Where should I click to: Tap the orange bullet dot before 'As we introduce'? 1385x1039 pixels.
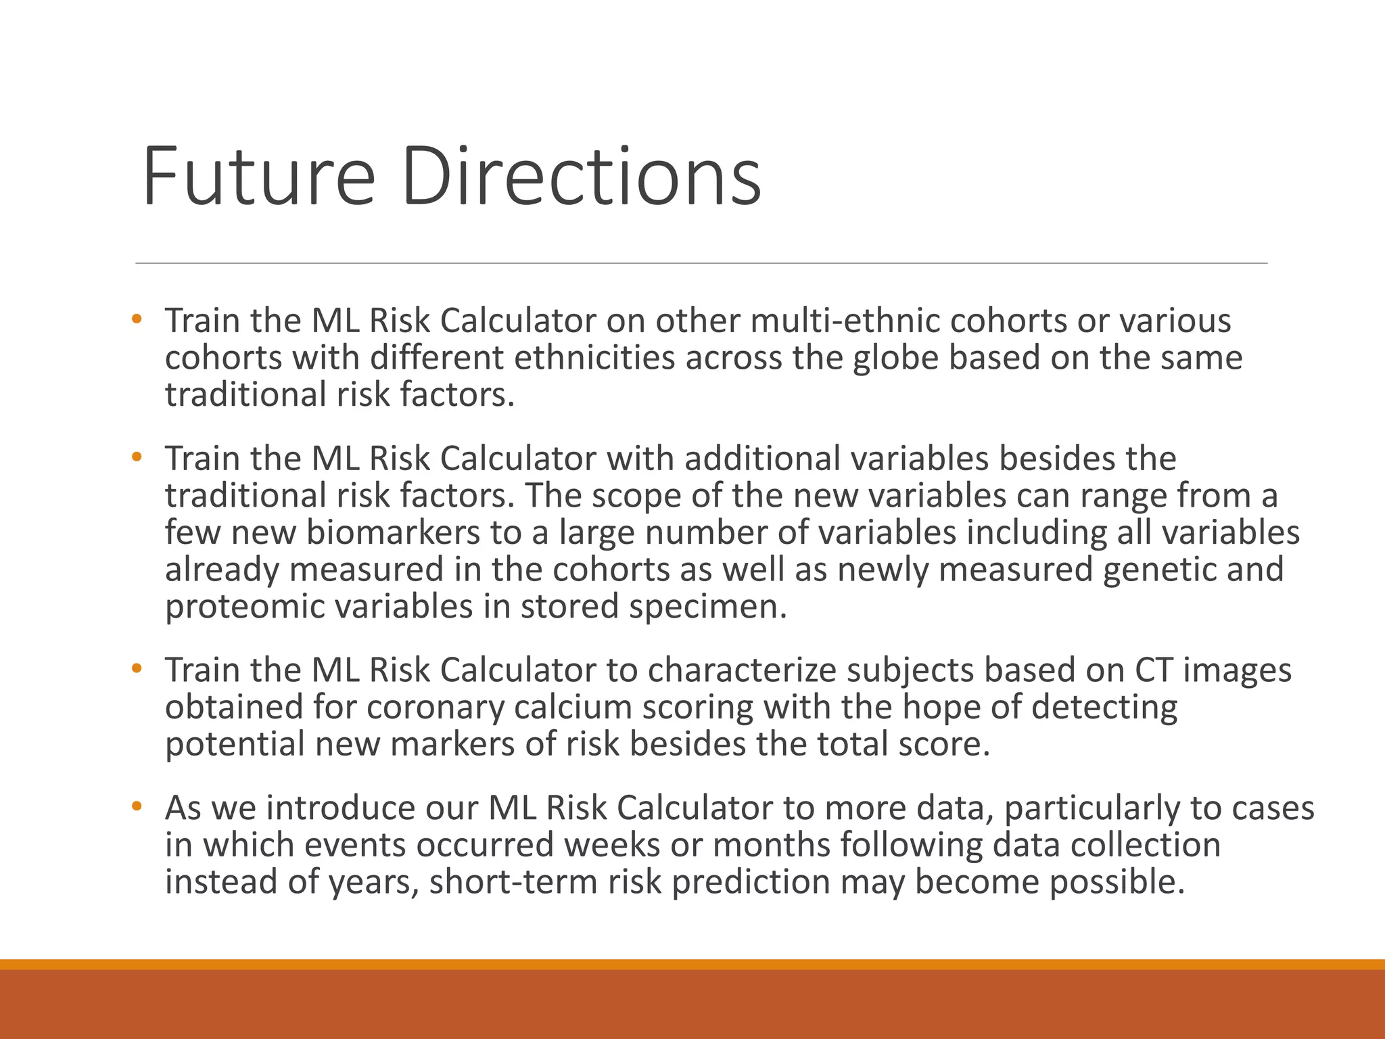click(137, 806)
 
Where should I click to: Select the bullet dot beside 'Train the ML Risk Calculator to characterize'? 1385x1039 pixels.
click(137, 668)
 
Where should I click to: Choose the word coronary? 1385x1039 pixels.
click(436, 708)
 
